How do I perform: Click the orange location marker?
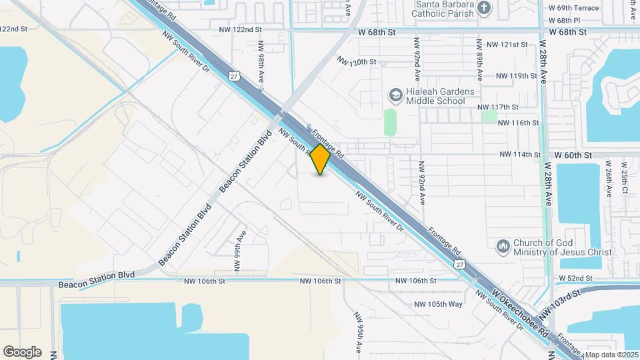[x=321, y=159]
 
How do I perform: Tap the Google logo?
[x=22, y=352]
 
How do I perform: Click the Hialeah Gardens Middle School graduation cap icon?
[x=395, y=95]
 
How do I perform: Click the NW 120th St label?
[x=357, y=61]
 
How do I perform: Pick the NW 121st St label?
[x=507, y=45]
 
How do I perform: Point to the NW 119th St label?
[x=507, y=76]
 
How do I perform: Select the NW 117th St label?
[x=498, y=107]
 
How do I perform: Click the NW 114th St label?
[x=520, y=155]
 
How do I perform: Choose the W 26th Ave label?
[x=608, y=178]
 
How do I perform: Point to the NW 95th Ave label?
[x=357, y=332]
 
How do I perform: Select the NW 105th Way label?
[x=438, y=304]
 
